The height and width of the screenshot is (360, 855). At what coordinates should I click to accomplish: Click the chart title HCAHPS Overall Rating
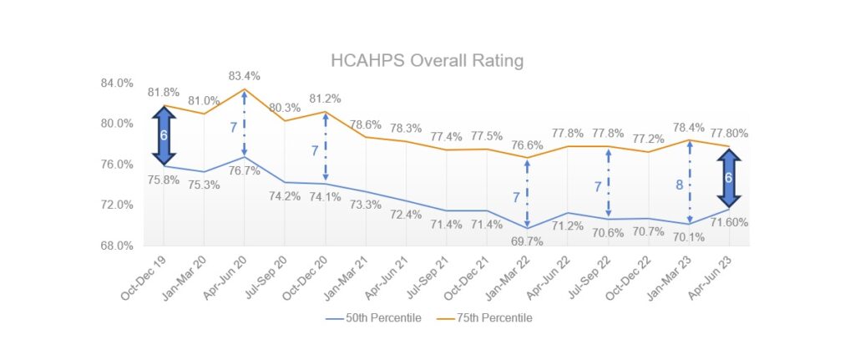click(427, 60)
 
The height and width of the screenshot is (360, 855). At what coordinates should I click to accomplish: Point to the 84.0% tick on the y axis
click(117, 83)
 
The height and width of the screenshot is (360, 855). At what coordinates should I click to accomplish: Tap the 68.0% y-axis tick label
click(117, 246)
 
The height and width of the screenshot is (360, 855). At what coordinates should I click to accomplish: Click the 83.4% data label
click(244, 76)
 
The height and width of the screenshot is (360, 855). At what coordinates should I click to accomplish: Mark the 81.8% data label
click(164, 92)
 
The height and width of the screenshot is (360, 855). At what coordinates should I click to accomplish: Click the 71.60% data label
click(730, 222)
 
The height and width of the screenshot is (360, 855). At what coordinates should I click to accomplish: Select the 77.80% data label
click(730, 133)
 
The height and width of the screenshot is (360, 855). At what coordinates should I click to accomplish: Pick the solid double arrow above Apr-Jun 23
click(730, 178)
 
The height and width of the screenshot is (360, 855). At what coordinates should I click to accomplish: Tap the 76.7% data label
click(244, 170)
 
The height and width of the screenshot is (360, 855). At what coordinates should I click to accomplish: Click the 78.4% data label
click(690, 127)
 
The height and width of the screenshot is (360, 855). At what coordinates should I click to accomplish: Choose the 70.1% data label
click(690, 237)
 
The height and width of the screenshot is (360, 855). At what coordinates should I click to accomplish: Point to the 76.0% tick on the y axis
click(117, 165)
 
